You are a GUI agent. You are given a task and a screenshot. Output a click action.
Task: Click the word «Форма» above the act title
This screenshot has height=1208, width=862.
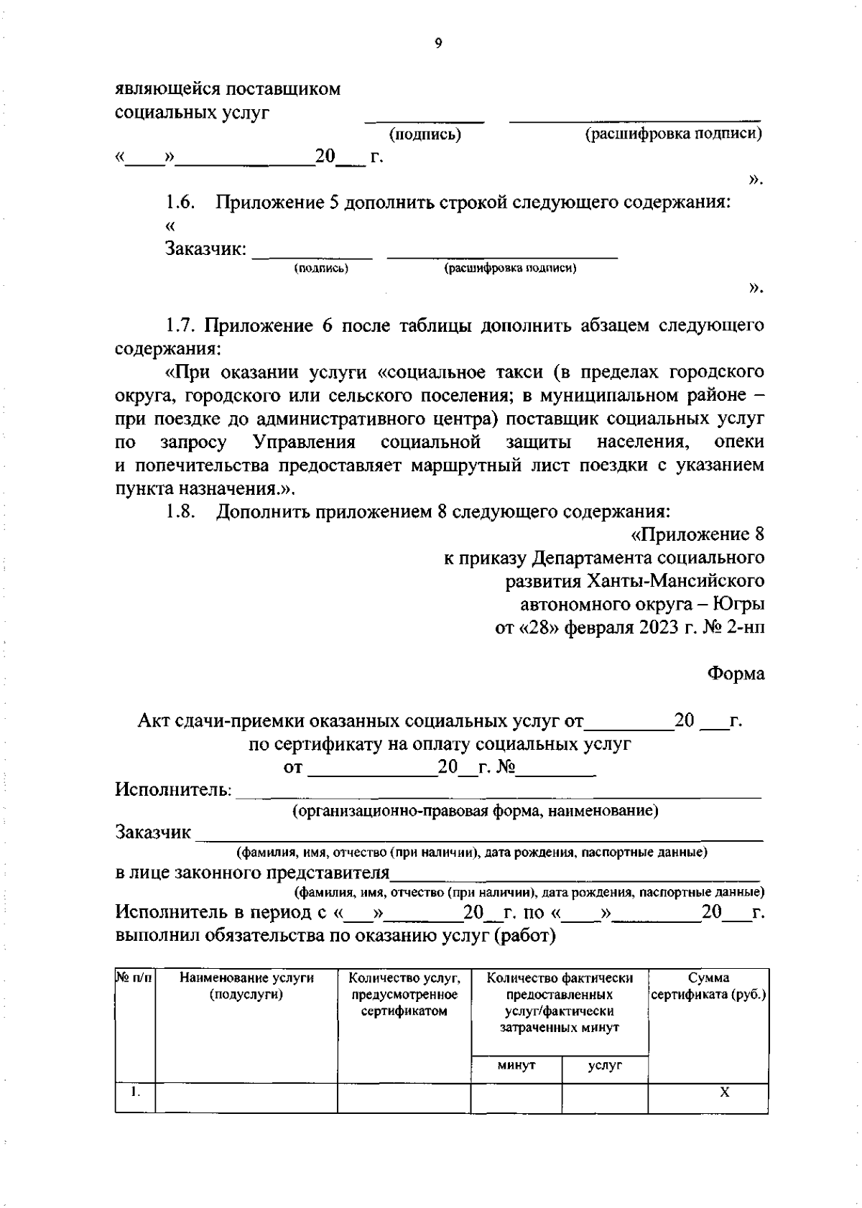pos(736,674)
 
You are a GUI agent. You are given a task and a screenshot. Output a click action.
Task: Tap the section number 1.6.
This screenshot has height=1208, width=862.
pos(181,203)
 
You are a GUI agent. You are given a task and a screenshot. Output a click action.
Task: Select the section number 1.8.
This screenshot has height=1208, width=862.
pos(181,511)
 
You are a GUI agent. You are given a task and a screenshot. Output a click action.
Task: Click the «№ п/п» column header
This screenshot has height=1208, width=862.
pos(135,978)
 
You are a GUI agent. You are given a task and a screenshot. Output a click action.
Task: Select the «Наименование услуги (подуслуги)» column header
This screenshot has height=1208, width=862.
pos(246,986)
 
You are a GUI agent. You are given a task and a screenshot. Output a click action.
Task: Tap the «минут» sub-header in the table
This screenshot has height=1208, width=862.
pos(516,1066)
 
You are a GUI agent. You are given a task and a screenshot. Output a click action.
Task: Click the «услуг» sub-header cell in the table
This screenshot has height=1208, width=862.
pos(605,1066)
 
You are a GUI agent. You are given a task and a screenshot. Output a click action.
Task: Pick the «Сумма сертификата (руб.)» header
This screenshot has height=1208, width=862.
pos(708,987)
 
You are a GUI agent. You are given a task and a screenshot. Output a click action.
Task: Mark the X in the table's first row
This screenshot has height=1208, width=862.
pos(725,1092)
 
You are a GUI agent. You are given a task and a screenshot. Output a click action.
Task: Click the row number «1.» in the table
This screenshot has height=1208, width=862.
pos(135,1092)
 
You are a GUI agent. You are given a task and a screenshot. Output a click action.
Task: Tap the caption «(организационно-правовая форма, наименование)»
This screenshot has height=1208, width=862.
pos(475,812)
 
